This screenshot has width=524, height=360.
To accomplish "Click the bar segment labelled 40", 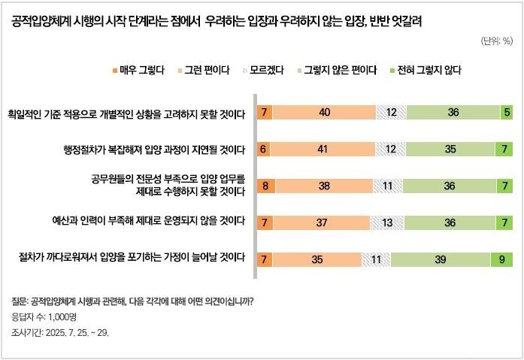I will coord(324,113).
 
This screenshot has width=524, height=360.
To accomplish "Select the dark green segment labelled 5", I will coord(507,113).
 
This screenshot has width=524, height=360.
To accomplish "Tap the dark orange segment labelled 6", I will coord(264,149).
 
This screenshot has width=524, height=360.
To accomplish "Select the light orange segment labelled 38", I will coord(323,185).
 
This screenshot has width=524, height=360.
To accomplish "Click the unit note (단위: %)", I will coord(495,41).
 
